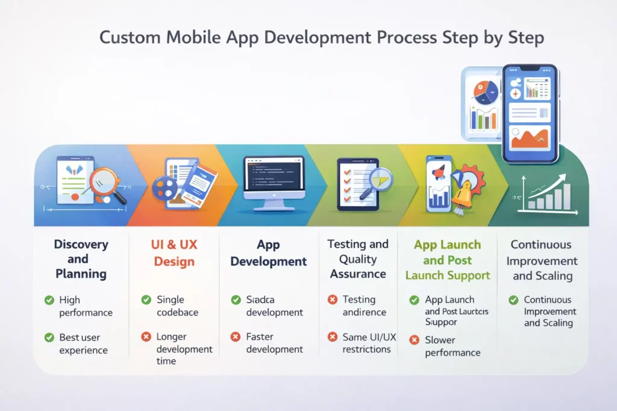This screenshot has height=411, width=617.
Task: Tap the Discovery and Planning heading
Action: pos(81,259)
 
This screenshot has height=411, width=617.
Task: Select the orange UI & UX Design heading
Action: pos(174,253)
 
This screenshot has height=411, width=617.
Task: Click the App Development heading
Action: pos(269,253)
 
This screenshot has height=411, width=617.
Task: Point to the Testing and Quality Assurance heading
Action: pos(358,259)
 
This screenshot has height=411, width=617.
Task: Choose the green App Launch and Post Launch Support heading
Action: pos(447,260)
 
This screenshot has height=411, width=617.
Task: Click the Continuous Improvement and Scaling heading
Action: pos(541,261)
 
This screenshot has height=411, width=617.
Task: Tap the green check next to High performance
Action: pos(49,300)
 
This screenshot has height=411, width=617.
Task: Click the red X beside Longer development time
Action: pos(146,337)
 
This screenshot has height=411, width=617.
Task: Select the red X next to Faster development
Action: pos(236,337)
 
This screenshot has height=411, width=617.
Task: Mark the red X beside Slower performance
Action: pos(414,340)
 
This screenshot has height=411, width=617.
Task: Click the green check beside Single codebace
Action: pos(146,300)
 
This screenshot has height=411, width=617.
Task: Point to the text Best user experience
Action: pos(83,344)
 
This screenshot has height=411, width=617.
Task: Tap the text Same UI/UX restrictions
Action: pos(369,343)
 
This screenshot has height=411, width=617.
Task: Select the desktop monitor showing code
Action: pos(274,181)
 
